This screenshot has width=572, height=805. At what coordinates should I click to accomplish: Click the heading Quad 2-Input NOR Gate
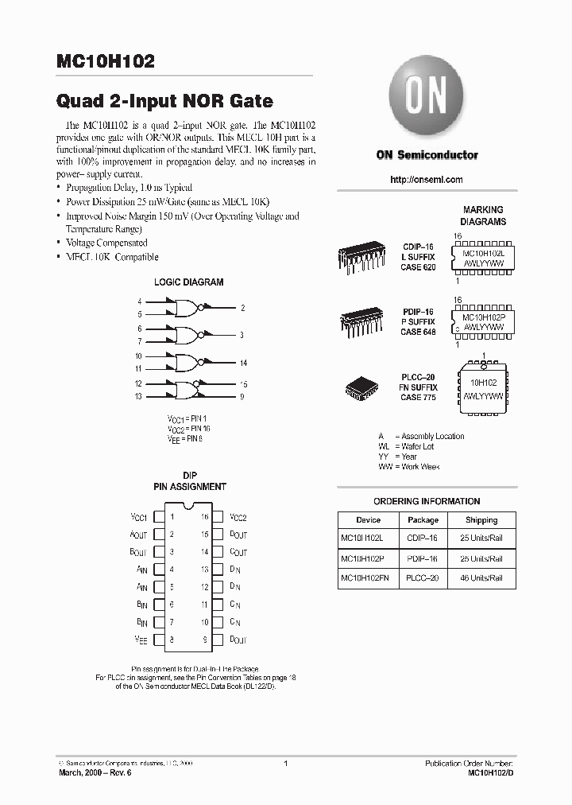tap(164, 101)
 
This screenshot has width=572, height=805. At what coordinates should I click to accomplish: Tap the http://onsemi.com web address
tap(427, 180)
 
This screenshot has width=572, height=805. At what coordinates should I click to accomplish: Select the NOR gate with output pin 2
tap(186, 307)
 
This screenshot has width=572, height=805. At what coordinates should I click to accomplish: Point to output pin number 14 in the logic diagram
tap(243, 363)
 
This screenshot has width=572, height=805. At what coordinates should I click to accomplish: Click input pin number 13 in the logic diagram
tap(138, 395)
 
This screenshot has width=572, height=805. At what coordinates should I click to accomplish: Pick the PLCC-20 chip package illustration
tap(362, 387)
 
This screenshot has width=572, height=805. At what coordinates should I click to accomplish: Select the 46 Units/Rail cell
tap(481, 578)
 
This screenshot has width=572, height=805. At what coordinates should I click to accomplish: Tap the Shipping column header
tap(481, 519)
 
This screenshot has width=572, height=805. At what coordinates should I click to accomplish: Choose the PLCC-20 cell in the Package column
tap(423, 578)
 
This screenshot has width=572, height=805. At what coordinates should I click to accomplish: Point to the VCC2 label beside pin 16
tap(238, 517)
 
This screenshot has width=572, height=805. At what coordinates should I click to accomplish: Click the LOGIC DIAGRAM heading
tap(188, 282)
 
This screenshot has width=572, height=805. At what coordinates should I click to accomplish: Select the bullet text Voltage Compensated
tap(106, 243)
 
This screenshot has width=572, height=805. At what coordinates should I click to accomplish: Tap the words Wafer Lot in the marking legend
tap(417, 446)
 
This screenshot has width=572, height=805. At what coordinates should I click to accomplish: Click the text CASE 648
tap(418, 332)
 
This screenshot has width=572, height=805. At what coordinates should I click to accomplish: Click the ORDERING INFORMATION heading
tap(427, 501)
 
